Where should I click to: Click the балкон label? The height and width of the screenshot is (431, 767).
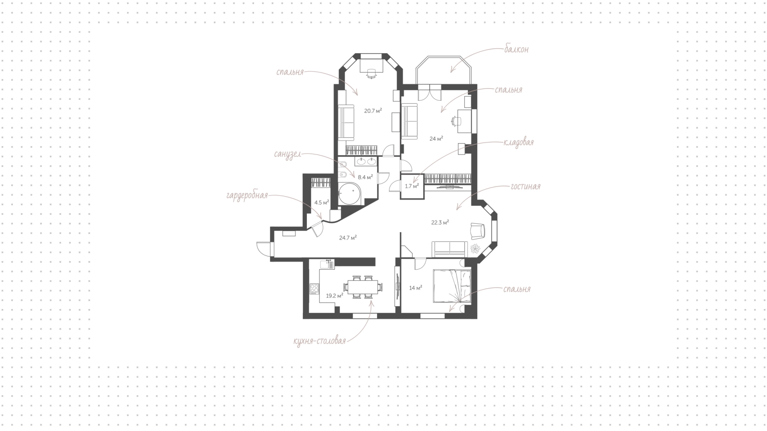click(516, 49)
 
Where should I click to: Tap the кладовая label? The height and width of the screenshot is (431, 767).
click(519, 143)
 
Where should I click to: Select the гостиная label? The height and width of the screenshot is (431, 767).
click(525, 187)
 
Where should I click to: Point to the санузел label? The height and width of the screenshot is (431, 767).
click(287, 155)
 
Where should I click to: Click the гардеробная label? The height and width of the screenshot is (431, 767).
click(247, 196)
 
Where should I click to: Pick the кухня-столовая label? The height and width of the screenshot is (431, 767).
click(319, 341)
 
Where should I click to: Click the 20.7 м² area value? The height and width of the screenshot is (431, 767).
click(373, 111)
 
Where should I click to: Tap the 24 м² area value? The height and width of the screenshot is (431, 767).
click(436, 139)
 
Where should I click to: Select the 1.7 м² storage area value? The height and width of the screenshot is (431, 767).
click(412, 186)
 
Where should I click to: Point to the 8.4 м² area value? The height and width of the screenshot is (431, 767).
click(365, 177)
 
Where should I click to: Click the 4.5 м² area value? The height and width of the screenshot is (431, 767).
click(322, 202)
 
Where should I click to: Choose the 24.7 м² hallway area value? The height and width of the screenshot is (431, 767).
click(348, 237)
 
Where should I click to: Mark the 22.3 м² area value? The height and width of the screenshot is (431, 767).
click(440, 223)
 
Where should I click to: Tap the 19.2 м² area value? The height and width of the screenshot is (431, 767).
click(335, 296)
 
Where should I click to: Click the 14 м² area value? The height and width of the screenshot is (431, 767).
click(416, 287)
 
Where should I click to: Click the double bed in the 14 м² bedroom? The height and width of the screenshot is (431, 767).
click(452, 286)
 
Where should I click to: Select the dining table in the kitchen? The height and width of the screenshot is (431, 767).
click(363, 287)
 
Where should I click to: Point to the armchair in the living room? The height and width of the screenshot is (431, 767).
click(477, 231)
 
